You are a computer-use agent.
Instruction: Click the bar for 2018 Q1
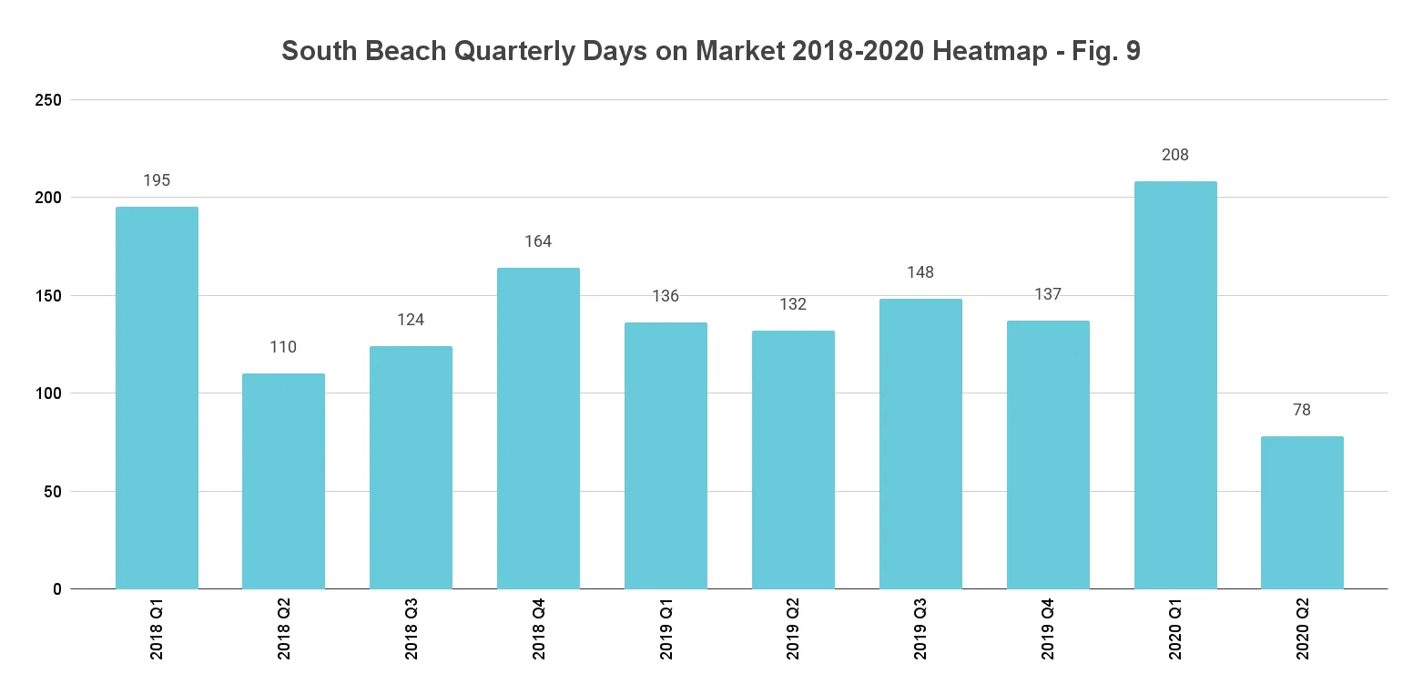(x=157, y=398)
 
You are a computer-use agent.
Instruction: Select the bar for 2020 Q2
(x=1302, y=513)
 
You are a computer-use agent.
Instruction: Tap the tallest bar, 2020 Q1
(x=1175, y=385)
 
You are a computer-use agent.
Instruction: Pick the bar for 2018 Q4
(x=538, y=428)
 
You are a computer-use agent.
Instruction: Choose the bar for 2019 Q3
(x=920, y=444)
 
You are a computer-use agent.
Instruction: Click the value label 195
(x=157, y=180)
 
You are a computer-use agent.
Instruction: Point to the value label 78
(x=1302, y=410)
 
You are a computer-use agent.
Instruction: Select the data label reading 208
(x=1175, y=155)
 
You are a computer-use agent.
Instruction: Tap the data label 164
(x=538, y=241)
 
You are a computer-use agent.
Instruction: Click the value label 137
(x=1048, y=294)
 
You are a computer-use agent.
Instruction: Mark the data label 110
(x=283, y=347)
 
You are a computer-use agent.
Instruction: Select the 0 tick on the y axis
(x=56, y=589)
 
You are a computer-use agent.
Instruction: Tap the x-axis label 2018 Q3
(x=412, y=629)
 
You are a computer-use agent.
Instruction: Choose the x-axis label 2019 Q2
(x=793, y=629)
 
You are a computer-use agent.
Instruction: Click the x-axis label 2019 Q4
(x=1048, y=629)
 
